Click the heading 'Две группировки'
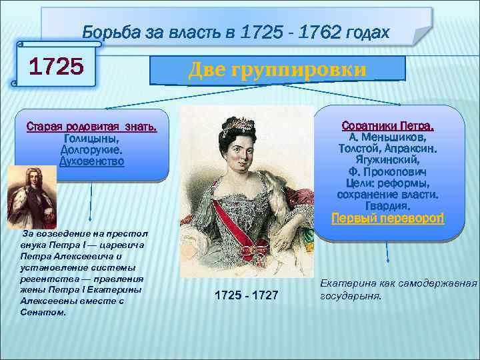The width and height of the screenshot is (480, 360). point(277,69)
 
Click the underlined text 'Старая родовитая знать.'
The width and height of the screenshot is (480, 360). point(91,127)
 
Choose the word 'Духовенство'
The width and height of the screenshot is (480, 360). point(91,161)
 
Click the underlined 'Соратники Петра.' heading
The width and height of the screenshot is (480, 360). point(387,125)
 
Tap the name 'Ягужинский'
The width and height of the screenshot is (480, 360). point(388,160)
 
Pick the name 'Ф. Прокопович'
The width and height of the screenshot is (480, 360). point(387,171)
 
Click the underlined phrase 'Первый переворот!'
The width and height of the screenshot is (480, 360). point(387,218)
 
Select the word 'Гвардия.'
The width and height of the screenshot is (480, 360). point(387,206)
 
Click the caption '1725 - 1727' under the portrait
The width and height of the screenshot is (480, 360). point(246,295)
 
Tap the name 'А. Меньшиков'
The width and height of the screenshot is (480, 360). point(388,137)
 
